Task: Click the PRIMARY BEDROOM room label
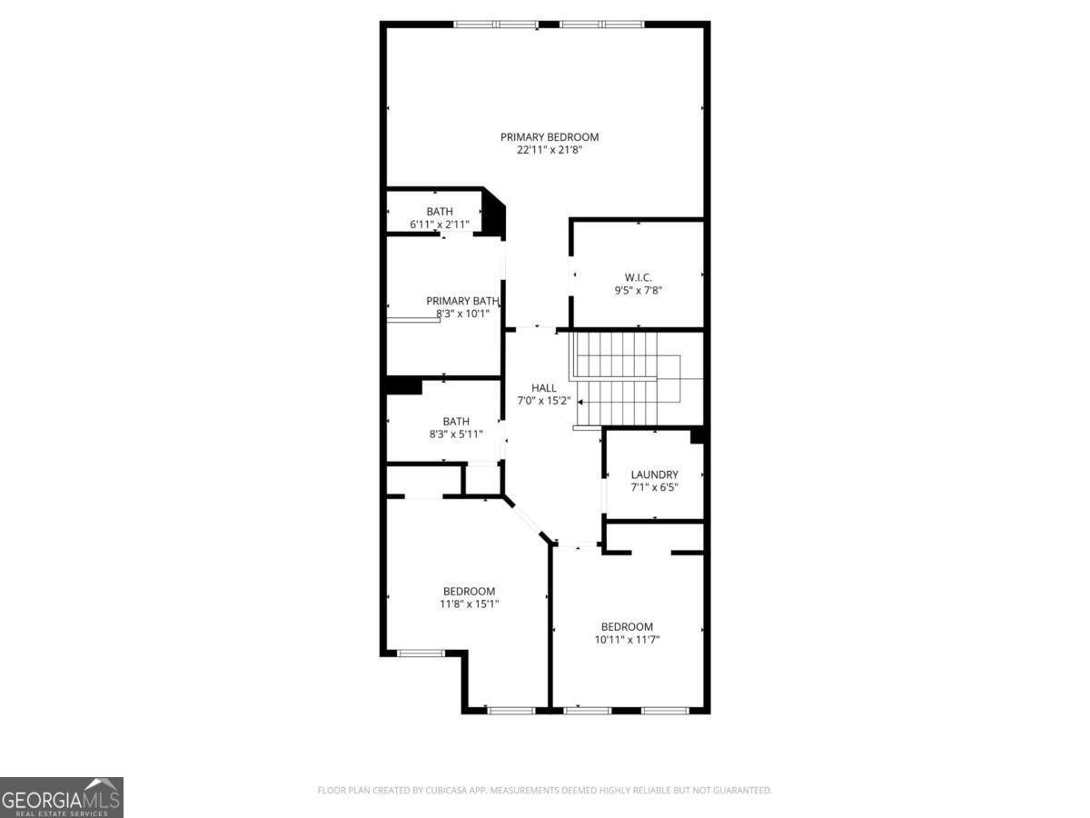pos(550,137)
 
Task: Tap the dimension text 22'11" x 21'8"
pos(550,150)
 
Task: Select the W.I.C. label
pos(638,277)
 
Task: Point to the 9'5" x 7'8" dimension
pos(638,291)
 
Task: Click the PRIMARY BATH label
pos(462,301)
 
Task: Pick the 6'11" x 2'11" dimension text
pos(439,224)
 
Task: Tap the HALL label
pos(544,388)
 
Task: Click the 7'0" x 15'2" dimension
pos(544,401)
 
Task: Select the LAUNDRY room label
pos(654,474)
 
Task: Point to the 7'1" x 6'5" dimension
pos(654,487)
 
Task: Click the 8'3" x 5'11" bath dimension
pos(456,434)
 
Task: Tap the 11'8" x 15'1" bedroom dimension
pos(469,604)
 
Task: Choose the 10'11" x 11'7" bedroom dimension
pos(627,639)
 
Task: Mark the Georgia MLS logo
pos(62,797)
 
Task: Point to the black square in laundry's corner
pos(697,436)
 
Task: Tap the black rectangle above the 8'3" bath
pos(404,386)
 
